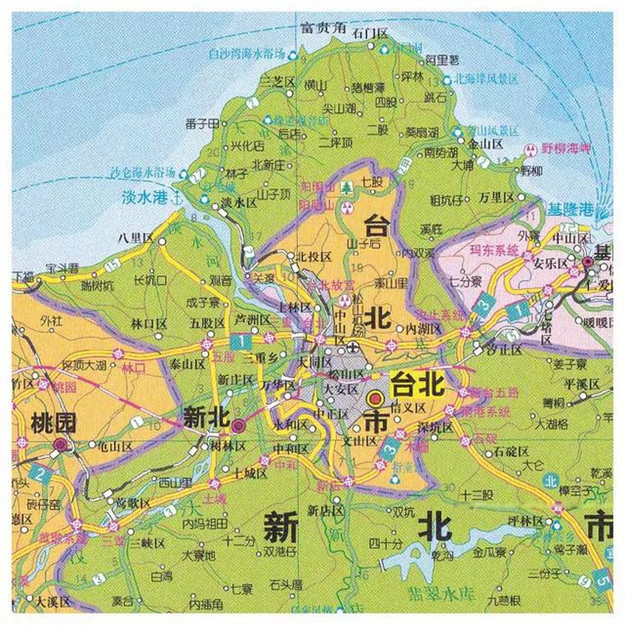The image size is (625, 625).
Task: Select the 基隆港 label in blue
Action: click(x=569, y=210)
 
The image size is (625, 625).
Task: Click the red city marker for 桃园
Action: click(x=61, y=444)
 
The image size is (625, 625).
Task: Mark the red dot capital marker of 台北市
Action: click(x=375, y=399)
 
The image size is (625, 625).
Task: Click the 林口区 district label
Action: click(x=149, y=324)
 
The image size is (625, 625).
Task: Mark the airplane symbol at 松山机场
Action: click(x=353, y=347)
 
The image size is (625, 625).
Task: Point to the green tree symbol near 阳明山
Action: click(x=347, y=187)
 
